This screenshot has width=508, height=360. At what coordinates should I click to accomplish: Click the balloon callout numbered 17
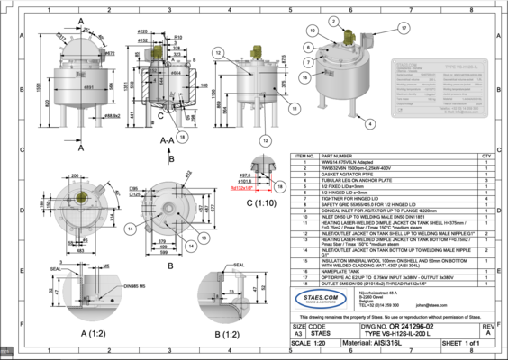click(377, 27)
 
